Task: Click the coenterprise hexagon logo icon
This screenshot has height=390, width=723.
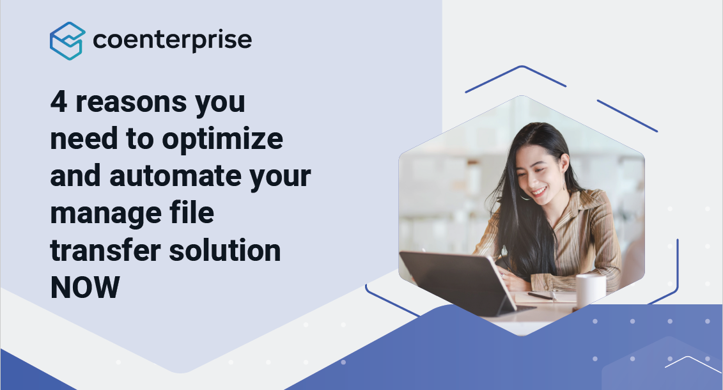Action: point(67,41)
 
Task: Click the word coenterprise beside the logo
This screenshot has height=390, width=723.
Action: point(173,40)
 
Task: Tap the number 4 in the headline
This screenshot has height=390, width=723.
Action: point(59,101)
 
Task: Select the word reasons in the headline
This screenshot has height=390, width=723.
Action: point(132,102)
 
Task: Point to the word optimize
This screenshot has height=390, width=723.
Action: point(222,139)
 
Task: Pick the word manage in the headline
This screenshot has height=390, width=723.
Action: point(105,214)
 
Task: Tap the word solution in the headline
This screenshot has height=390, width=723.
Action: point(225,251)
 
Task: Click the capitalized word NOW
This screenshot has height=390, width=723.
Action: point(85,287)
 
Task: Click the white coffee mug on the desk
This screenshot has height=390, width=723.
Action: point(591,290)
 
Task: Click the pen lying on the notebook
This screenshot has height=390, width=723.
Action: point(540,296)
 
